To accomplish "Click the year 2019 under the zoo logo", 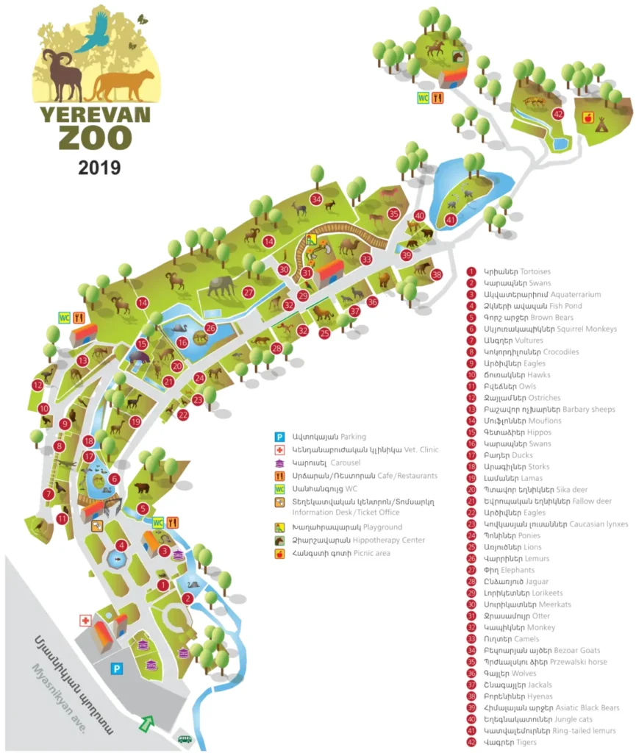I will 99,168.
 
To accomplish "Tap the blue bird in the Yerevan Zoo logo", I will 96,33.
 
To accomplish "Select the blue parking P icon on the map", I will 115,668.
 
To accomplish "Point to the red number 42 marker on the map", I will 559,114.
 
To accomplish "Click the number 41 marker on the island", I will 451,218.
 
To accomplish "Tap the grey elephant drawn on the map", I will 221,285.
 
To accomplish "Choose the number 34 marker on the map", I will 316,199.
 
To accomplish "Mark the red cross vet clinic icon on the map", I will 85,621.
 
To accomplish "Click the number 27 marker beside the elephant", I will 249,293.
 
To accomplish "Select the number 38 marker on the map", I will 437,275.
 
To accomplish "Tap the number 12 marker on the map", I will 37,385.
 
